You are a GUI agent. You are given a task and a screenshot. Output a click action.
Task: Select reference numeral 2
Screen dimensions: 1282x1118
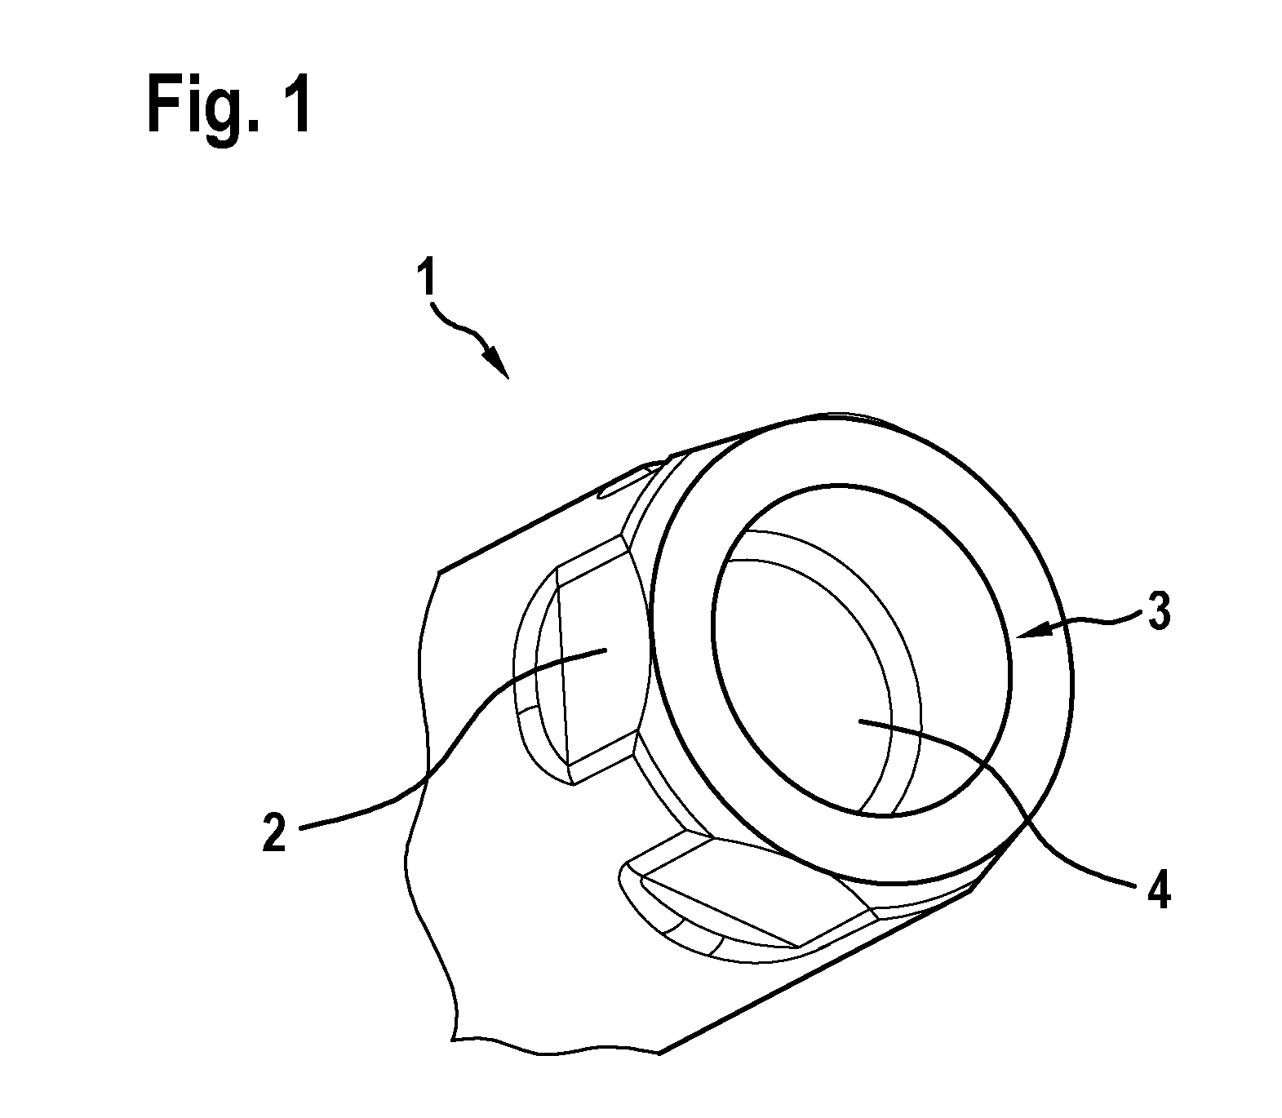[275, 832]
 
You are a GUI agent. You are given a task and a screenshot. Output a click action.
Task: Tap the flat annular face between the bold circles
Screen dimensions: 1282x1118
[1036, 734]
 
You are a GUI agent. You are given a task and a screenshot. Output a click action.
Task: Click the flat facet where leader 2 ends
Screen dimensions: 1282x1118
[600, 653]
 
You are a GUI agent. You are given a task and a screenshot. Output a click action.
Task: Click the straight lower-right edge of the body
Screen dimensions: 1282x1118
[816, 971]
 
